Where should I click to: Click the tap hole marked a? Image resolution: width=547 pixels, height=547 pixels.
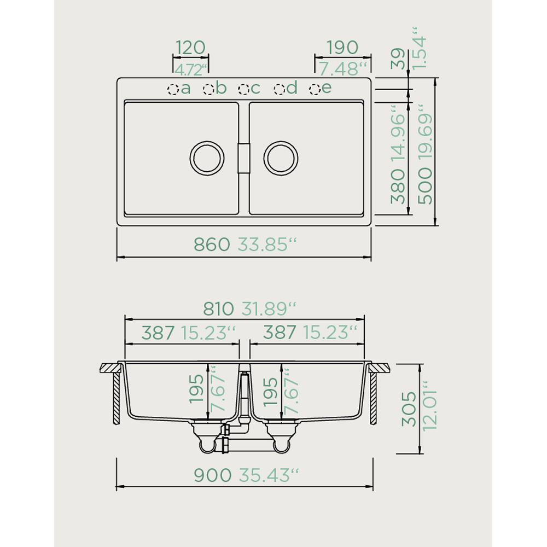(x=173, y=89)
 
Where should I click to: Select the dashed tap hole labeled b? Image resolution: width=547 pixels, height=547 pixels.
(x=208, y=89)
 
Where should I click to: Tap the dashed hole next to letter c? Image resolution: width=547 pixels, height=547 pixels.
(x=244, y=89)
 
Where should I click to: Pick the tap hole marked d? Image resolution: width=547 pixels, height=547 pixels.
(x=280, y=89)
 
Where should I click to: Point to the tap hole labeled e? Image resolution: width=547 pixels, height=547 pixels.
(x=315, y=89)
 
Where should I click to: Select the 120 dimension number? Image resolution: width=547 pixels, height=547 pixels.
(x=190, y=48)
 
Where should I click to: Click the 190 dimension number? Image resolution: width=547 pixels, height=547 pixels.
(x=342, y=48)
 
